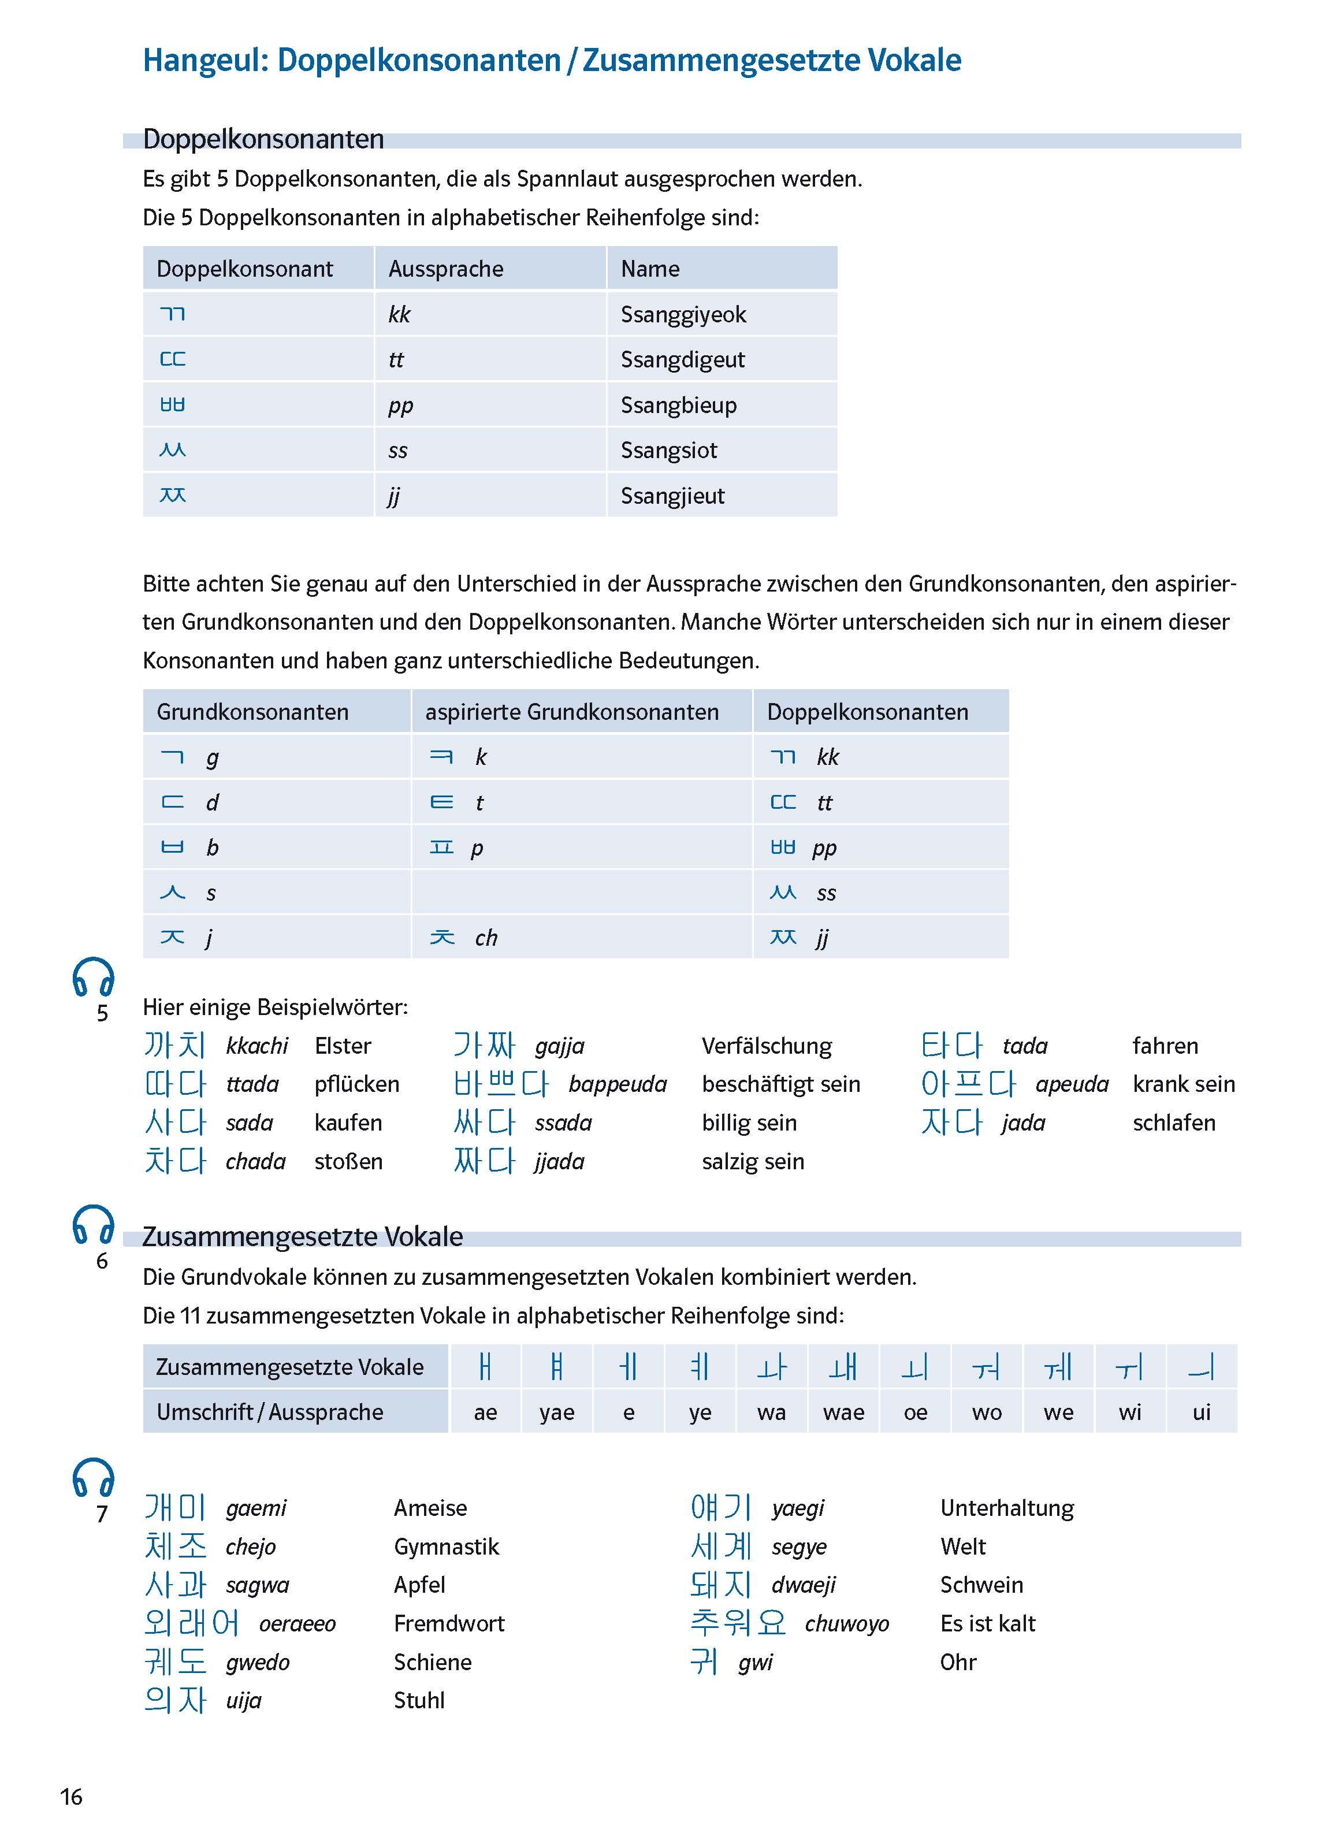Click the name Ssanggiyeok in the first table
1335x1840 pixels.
[683, 315]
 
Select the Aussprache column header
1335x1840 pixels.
[446, 269]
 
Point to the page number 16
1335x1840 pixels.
[72, 1797]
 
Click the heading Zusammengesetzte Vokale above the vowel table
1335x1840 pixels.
[303, 1236]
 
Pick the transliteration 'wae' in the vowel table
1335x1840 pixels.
[843, 1412]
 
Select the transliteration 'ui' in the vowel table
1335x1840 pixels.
[1201, 1412]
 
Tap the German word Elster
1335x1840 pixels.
[342, 1046]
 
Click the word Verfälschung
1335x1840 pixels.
[767, 1046]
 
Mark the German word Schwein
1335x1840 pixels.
[981, 1585]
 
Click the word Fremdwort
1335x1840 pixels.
[448, 1623]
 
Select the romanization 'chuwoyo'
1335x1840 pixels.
[847, 1623]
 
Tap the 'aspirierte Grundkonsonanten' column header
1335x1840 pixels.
[572, 712]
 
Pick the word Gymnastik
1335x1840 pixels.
[446, 1547]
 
